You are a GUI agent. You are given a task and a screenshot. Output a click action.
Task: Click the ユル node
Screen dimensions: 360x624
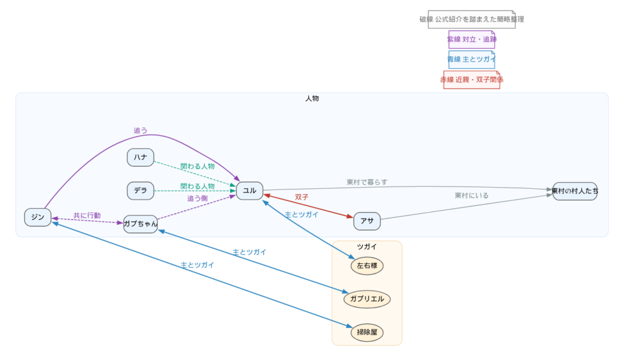click(x=249, y=191)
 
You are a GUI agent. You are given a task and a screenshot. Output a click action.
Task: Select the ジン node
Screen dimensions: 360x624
click(x=38, y=217)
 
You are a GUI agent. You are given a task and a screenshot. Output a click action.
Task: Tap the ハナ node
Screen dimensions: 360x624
click(x=140, y=157)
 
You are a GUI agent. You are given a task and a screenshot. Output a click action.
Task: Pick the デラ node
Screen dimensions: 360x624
click(x=140, y=191)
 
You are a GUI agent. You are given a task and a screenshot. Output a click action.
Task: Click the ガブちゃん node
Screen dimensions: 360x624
click(x=140, y=224)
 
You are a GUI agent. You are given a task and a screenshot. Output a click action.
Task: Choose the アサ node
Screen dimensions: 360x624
click(x=367, y=221)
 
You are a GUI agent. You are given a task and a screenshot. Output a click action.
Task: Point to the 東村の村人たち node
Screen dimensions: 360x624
click(x=575, y=191)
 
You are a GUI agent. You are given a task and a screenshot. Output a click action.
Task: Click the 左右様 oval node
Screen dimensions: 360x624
click(x=367, y=266)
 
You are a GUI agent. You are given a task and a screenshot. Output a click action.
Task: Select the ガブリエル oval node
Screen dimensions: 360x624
click(x=367, y=299)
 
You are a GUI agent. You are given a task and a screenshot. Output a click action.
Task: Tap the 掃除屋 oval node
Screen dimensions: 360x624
click(x=367, y=333)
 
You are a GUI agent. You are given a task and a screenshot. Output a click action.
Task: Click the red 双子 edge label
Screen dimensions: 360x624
click(x=302, y=197)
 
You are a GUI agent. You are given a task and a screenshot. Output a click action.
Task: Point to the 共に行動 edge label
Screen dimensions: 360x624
click(x=87, y=216)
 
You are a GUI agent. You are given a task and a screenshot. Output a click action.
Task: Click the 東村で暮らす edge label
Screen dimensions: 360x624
click(x=367, y=182)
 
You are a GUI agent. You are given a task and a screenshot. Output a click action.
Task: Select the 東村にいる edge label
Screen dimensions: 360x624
click(x=471, y=196)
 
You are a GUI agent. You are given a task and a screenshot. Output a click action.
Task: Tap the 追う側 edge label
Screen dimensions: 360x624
click(x=197, y=199)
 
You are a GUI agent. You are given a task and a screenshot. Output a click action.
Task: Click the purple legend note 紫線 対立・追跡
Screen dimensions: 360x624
click(x=472, y=40)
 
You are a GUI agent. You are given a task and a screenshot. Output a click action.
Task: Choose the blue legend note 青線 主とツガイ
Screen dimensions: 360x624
click(x=472, y=60)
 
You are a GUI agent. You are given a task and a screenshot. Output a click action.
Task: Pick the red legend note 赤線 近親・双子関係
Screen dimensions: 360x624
click(x=472, y=80)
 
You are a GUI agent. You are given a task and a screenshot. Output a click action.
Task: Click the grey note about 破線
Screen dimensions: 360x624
click(x=472, y=19)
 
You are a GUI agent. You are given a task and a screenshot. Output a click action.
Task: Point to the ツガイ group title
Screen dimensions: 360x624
click(x=367, y=247)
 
